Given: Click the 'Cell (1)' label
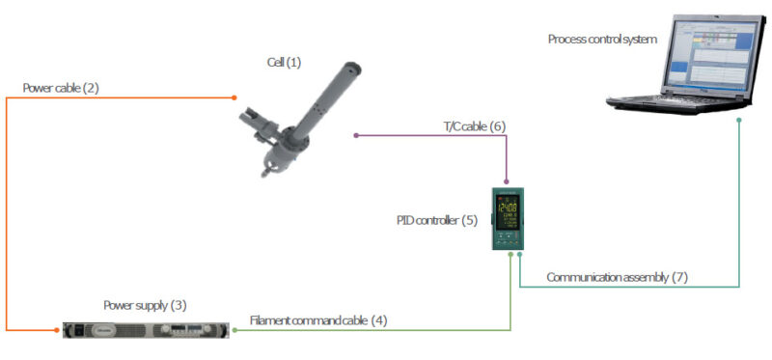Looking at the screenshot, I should point(284,63).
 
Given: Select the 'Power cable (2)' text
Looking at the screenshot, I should point(61,88).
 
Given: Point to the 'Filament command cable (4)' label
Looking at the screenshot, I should point(318,320).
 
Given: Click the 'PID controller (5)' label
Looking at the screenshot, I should point(436,220).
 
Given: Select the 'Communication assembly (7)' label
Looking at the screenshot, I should point(617,277).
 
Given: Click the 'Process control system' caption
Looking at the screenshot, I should point(602,40).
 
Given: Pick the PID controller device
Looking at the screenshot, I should point(507,217).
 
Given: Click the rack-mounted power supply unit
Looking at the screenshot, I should point(145,329).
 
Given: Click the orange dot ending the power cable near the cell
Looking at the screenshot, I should point(234,97).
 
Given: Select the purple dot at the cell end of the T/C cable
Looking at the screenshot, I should point(356,135).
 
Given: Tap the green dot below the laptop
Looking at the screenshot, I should point(739,121).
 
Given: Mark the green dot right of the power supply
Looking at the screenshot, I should point(234,329).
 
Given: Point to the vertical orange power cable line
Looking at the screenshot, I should point(7,212).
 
